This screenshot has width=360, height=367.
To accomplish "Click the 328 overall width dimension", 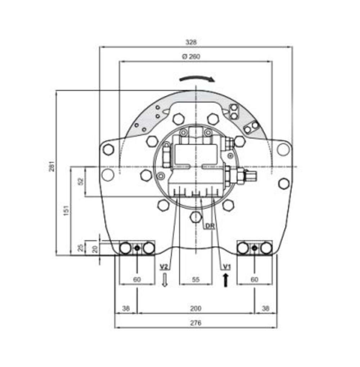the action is pyautogui.click(x=191, y=42).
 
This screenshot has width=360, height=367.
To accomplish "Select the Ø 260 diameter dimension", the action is pyautogui.click(x=191, y=56).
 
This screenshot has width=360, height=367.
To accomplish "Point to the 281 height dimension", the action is pyautogui.click(x=52, y=166).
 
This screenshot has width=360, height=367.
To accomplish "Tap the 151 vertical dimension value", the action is pyautogui.click(x=67, y=210).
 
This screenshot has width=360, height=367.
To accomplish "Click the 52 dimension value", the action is pyautogui.click(x=81, y=181).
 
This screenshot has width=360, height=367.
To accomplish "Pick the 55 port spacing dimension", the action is pyautogui.click(x=196, y=280).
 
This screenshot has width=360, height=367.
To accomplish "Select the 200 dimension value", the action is pyautogui.click(x=195, y=308).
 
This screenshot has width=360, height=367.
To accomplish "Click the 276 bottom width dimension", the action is pyautogui.click(x=195, y=323).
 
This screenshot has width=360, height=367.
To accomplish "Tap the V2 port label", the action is pyautogui.click(x=164, y=267).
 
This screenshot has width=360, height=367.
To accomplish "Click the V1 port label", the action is pyautogui.click(x=226, y=267).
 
